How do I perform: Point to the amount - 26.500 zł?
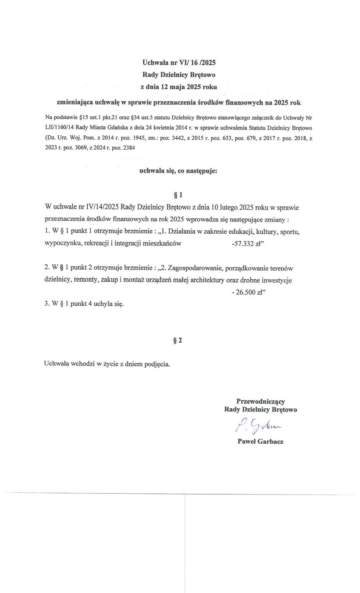tap(249, 292)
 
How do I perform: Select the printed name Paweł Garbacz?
tap(260, 441)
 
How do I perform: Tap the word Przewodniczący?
tap(260, 401)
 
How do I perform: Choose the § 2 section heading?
tap(178, 340)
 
